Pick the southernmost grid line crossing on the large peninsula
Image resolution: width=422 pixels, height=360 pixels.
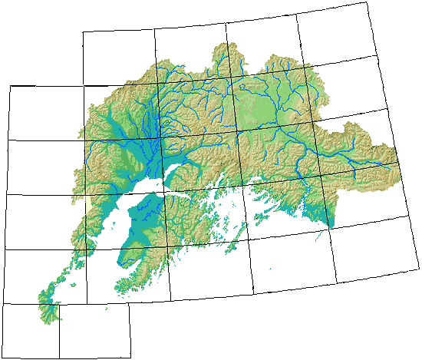tap(168, 246)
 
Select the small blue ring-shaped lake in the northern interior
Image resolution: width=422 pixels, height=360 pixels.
tap(246, 88)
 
